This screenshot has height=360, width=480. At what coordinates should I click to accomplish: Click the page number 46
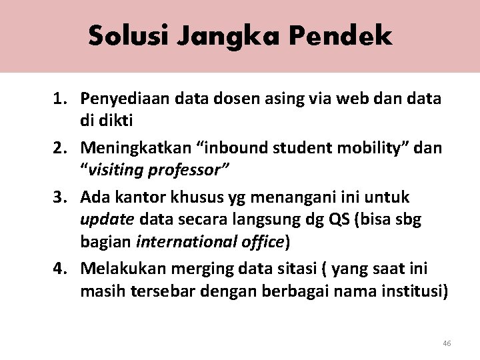447,343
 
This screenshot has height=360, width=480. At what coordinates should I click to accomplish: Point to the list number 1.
59,98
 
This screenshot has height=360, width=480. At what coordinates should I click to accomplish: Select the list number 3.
59,198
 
